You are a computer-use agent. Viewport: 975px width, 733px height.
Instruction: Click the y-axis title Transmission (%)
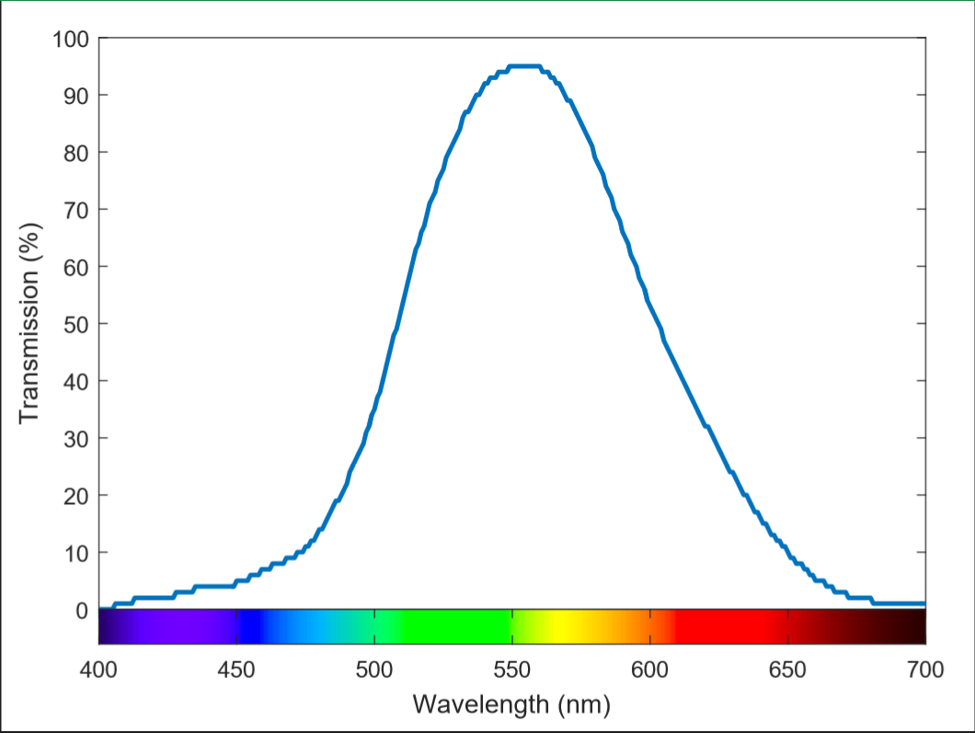pyautogui.click(x=30, y=324)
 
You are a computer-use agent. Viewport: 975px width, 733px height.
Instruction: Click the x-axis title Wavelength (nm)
pyautogui.click(x=511, y=704)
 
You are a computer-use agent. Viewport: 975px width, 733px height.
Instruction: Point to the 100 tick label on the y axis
pyautogui.click(x=70, y=39)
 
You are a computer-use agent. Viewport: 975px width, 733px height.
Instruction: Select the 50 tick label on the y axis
pyautogui.click(x=75, y=324)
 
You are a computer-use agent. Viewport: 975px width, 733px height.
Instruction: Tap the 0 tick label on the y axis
pyautogui.click(x=81, y=610)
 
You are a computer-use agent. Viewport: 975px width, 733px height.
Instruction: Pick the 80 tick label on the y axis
pyautogui.click(x=75, y=153)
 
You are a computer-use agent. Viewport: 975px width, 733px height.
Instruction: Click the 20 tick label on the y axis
pyautogui.click(x=75, y=496)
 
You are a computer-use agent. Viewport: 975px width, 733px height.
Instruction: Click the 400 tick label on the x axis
pyautogui.click(x=98, y=670)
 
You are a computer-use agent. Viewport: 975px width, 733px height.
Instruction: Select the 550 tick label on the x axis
pyautogui.click(x=511, y=670)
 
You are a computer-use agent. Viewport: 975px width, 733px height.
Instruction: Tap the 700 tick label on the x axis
pyautogui.click(x=924, y=670)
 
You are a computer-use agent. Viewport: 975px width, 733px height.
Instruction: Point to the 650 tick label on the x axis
pyautogui.click(x=787, y=670)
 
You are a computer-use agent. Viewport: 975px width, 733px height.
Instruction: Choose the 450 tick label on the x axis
pyautogui.click(x=236, y=670)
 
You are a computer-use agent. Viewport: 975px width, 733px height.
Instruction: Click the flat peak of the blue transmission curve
pyautogui.click(x=523, y=66)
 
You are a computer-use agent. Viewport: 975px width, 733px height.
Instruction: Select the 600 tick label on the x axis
pyautogui.click(x=649, y=670)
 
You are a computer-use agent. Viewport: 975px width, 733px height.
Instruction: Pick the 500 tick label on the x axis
pyautogui.click(x=373, y=670)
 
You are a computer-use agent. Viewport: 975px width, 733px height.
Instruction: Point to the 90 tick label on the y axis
pyautogui.click(x=75, y=96)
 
